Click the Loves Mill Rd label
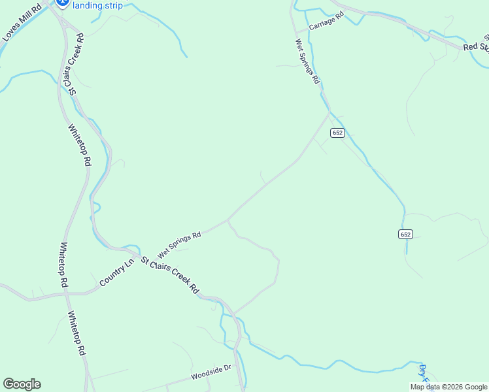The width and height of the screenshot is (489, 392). click(x=22, y=22)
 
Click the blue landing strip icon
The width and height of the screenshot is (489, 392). click(x=63, y=3)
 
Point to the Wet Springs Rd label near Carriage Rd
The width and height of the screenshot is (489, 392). click(x=307, y=61)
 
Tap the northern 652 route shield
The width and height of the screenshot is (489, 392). click(x=337, y=133)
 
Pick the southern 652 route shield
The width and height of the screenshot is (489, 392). click(x=405, y=234)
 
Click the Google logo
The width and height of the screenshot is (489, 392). click(x=22, y=384)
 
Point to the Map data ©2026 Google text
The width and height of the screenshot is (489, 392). click(x=448, y=387)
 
